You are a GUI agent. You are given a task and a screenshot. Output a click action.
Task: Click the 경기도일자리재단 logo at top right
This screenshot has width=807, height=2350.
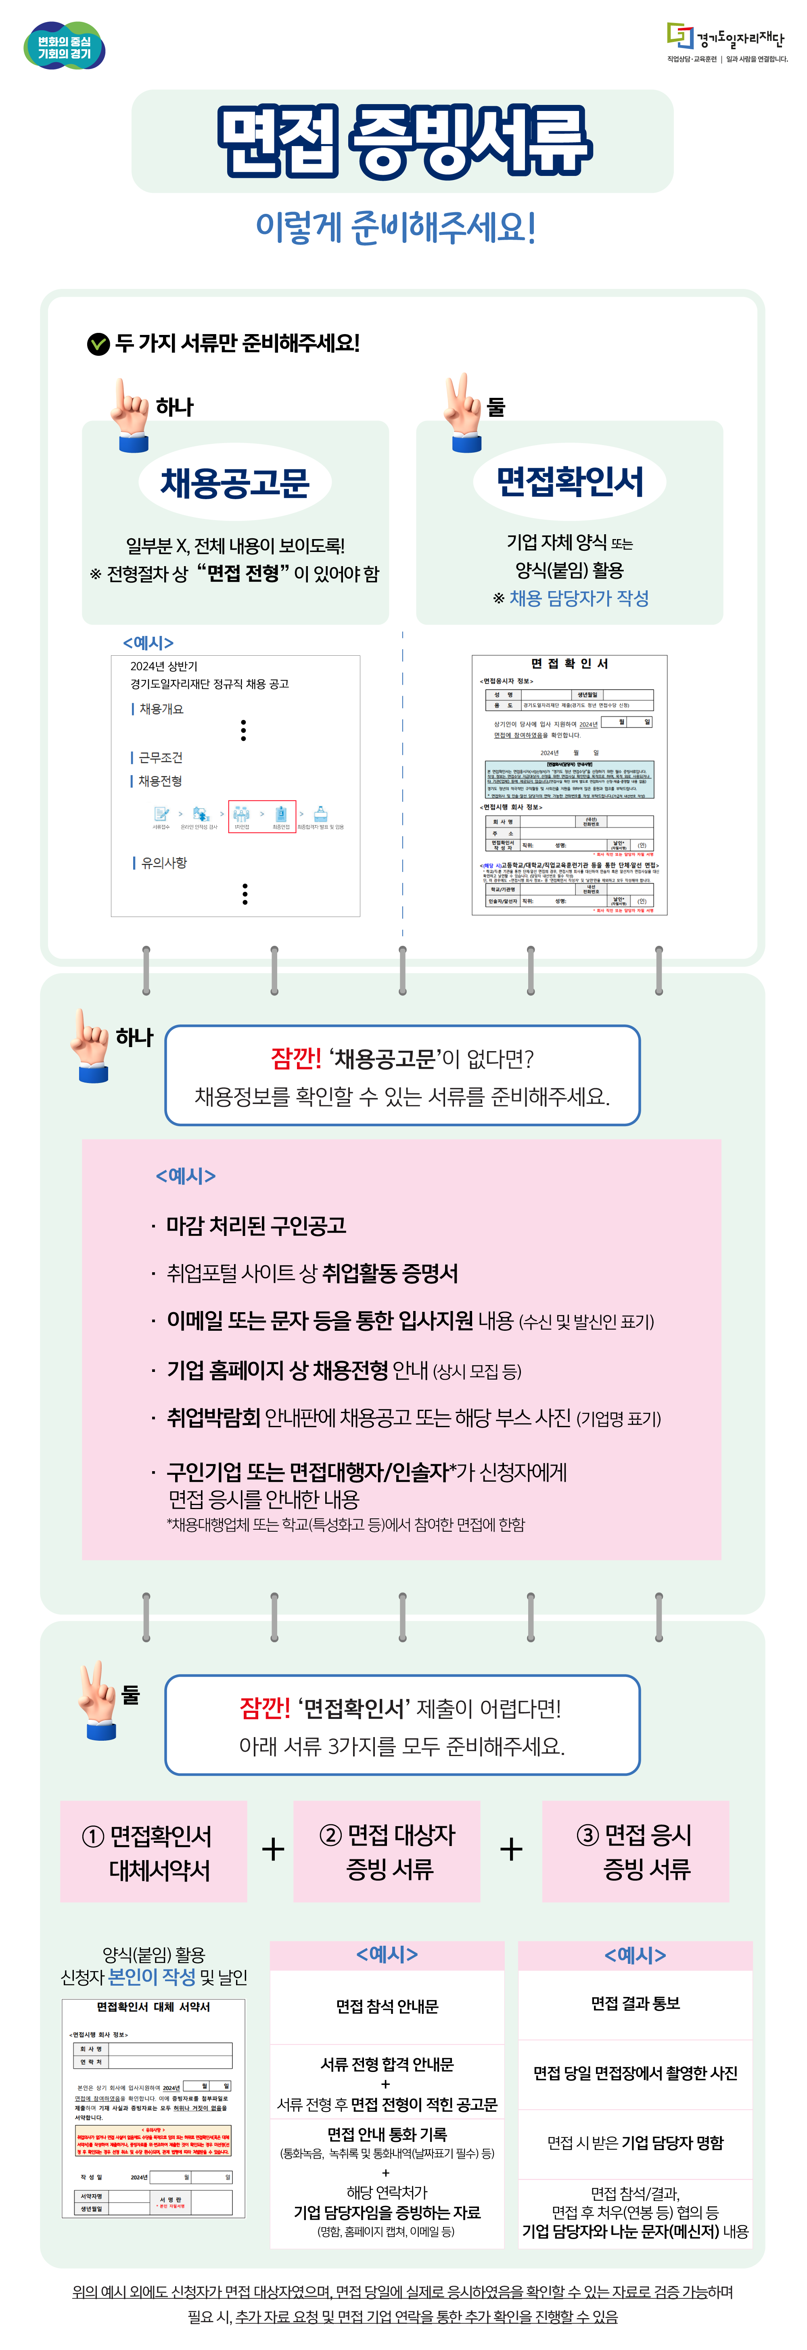tap(726, 41)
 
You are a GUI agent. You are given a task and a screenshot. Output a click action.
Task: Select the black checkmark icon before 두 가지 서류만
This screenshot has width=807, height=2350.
tap(98, 344)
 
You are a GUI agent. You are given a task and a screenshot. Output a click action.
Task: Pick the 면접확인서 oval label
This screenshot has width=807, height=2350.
tap(570, 482)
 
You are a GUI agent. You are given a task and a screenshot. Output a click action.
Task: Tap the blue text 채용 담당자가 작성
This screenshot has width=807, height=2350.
tap(579, 598)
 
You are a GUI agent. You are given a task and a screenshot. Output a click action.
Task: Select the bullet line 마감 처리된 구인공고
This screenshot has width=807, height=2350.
tap(255, 1225)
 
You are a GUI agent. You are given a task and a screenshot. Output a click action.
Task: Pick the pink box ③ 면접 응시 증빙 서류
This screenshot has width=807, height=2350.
tap(636, 1851)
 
